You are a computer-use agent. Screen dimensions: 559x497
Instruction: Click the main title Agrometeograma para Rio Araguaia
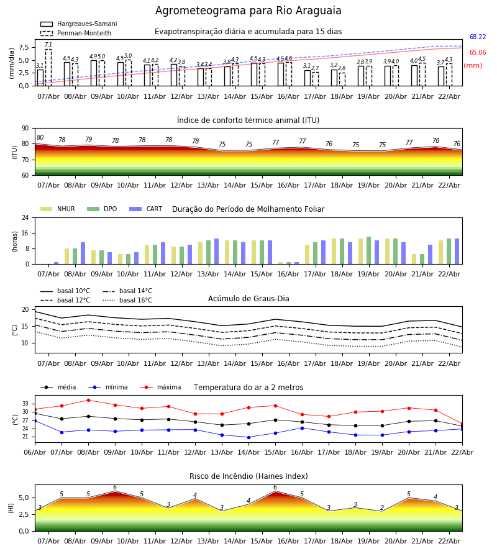[248, 11]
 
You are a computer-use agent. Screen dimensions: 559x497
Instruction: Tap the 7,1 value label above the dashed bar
[48, 45]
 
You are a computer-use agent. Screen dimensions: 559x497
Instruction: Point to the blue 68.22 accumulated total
[478, 37]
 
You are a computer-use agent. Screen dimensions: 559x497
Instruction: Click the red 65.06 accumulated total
[478, 53]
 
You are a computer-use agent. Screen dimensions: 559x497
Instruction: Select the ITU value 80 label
[40, 138]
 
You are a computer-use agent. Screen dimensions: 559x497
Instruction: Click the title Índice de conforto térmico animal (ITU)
[248, 120]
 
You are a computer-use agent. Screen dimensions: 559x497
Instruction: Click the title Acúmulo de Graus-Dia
[248, 299]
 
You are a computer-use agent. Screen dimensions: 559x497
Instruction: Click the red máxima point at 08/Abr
[88, 400]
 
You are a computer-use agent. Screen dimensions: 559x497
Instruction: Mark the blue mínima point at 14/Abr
[248, 437]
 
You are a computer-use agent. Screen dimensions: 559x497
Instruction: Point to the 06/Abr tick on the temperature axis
[35, 452]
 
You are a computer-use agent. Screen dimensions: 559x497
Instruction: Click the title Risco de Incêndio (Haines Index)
[248, 476]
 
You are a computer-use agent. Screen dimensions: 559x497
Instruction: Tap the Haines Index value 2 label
[382, 508]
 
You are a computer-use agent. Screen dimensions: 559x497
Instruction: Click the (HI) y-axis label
[11, 507]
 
